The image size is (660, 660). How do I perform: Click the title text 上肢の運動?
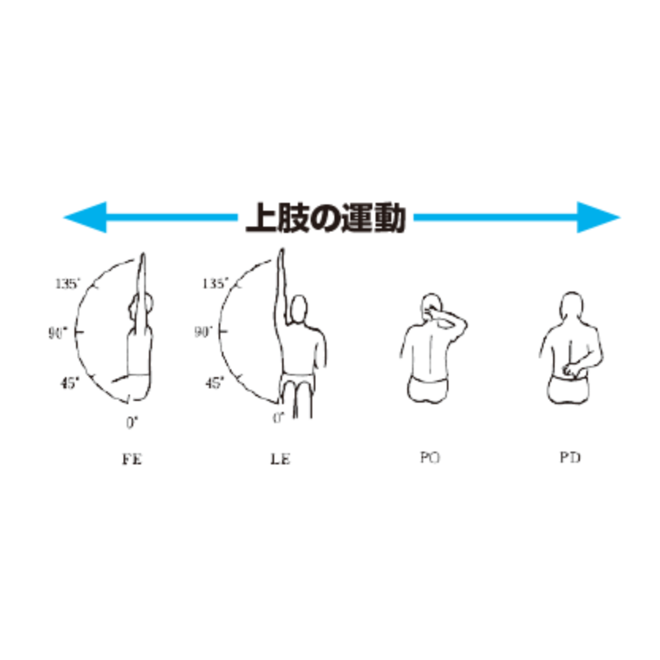(326, 216)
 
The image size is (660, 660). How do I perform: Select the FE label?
(132, 459)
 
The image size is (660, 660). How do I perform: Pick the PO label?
(429, 458)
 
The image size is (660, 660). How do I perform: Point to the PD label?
(570, 458)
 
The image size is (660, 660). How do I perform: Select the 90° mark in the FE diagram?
(58, 332)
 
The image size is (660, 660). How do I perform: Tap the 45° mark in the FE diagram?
(70, 383)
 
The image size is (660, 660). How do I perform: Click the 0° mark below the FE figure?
(132, 422)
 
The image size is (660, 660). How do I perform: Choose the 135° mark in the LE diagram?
(215, 283)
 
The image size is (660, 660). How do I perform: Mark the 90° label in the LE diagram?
(204, 332)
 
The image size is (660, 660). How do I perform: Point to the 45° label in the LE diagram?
(214, 383)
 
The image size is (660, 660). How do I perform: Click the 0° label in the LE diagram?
(278, 417)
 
